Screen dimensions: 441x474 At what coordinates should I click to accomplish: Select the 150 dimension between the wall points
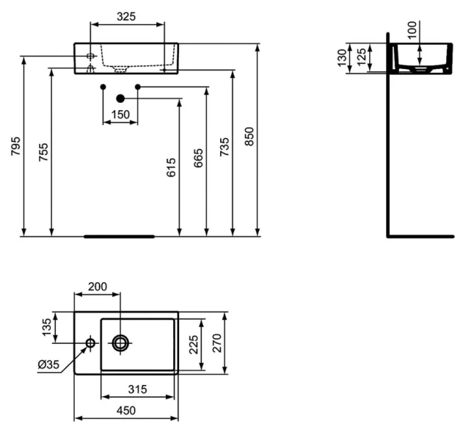(120, 114)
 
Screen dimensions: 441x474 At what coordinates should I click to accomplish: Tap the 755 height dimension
(43, 153)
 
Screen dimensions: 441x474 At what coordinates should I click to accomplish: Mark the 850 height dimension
(249, 136)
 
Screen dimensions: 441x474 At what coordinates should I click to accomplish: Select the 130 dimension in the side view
(343, 58)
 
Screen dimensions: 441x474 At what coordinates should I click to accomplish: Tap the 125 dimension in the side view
(360, 57)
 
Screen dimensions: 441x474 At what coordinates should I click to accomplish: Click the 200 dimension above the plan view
(97, 285)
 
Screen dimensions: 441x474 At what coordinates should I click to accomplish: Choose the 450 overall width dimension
(125, 412)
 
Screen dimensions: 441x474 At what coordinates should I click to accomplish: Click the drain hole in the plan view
(120, 342)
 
